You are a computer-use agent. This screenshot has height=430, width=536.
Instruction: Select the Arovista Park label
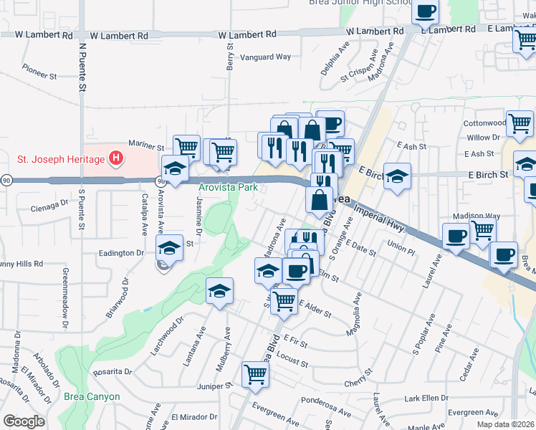[x=227, y=188]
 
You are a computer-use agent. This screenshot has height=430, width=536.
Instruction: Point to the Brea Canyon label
[x=91, y=396]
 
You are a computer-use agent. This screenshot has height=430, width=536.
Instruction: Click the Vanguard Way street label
[x=264, y=57]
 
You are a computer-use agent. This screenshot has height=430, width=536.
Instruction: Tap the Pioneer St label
[x=39, y=74]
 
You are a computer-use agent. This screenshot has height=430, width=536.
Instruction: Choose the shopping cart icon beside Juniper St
[x=255, y=373]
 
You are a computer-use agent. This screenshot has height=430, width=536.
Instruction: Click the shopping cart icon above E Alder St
[x=284, y=299]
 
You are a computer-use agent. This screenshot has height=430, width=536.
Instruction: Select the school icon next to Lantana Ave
[x=220, y=290]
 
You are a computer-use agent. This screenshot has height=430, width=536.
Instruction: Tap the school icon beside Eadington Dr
[x=169, y=249]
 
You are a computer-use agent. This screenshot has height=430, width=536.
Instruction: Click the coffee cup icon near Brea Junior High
[x=426, y=11]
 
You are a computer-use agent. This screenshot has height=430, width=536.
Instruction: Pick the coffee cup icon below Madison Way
[x=503, y=254]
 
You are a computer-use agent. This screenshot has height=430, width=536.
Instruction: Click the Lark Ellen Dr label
[x=421, y=398]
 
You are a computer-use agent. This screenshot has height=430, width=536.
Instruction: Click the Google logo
[x=24, y=421]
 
